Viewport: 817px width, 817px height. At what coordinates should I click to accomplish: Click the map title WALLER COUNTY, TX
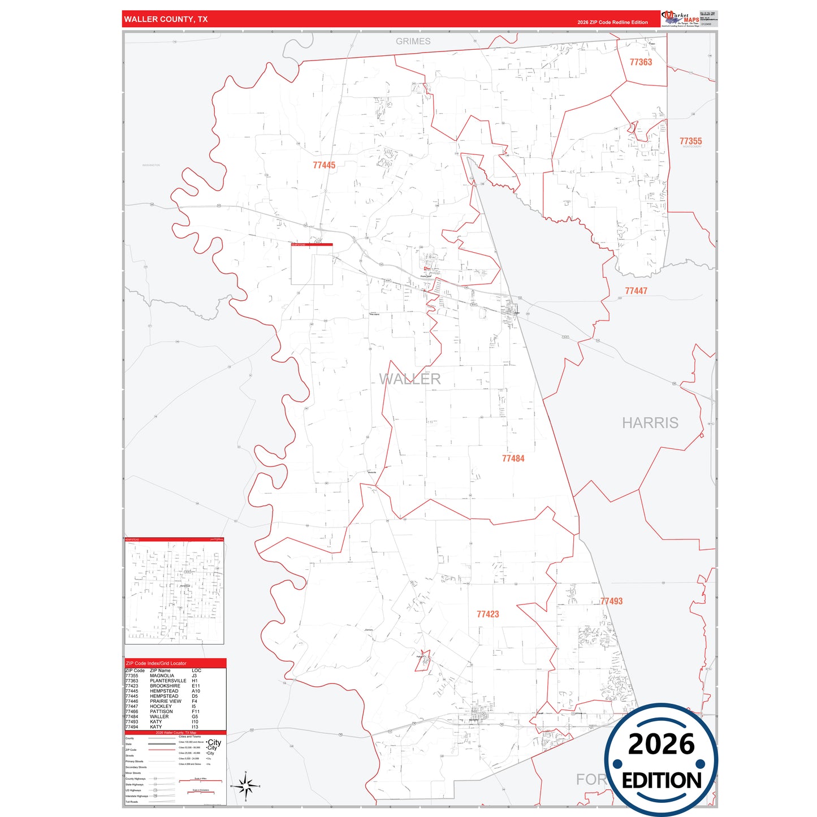166,19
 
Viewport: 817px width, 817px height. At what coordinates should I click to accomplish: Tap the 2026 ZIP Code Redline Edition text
612,23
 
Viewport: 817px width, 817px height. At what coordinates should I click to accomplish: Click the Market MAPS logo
680,19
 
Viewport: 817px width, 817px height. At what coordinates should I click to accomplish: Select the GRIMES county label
413,41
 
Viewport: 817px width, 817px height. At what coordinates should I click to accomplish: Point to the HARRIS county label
650,423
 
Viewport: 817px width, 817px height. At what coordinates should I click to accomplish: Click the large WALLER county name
410,379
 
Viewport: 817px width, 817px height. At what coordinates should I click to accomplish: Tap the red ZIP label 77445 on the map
324,165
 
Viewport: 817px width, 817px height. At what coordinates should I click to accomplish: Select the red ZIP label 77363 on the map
641,62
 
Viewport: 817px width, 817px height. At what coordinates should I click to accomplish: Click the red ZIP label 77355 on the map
690,141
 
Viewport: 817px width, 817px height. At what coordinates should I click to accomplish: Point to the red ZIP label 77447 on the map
636,291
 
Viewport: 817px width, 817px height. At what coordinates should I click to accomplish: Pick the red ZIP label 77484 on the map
513,459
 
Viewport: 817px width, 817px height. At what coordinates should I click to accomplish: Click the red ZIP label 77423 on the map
487,614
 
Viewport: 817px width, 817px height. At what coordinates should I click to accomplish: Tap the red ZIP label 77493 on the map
611,601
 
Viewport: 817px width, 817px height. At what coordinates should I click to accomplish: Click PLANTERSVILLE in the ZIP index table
168,681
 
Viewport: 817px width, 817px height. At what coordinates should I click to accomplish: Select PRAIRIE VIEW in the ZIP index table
165,701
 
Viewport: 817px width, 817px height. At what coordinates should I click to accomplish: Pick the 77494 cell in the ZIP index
132,727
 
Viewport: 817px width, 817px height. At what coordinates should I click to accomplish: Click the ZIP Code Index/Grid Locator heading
156,663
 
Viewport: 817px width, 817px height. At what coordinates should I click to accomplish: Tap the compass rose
245,786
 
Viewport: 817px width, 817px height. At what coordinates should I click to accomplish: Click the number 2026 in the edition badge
661,744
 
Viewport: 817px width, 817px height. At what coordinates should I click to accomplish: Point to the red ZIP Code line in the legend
161,750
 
